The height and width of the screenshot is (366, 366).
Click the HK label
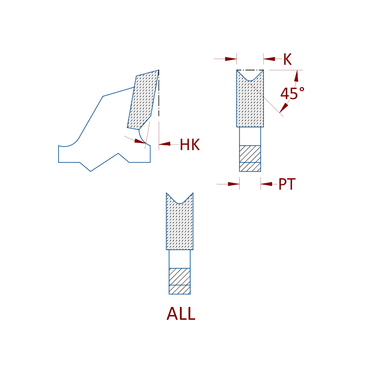pos(190,145)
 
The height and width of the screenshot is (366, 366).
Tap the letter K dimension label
pos(287,60)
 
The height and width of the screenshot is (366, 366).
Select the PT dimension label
pos(287,184)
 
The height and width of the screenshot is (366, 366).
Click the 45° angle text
pos(292,93)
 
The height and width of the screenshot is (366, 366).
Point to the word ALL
pos(181,314)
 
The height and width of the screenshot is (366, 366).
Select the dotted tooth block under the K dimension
pos(250,102)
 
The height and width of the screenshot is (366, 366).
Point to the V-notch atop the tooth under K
pos(250,76)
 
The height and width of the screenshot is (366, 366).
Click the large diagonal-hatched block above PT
pos(250,153)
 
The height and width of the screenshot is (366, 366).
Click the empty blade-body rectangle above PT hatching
pos(250,136)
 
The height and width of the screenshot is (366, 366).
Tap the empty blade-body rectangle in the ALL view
pos(180,259)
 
